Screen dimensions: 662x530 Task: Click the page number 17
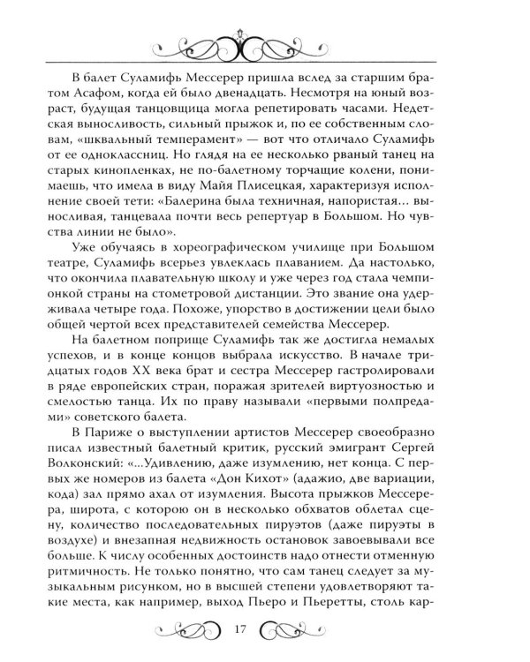pyautogui.click(x=264, y=629)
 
